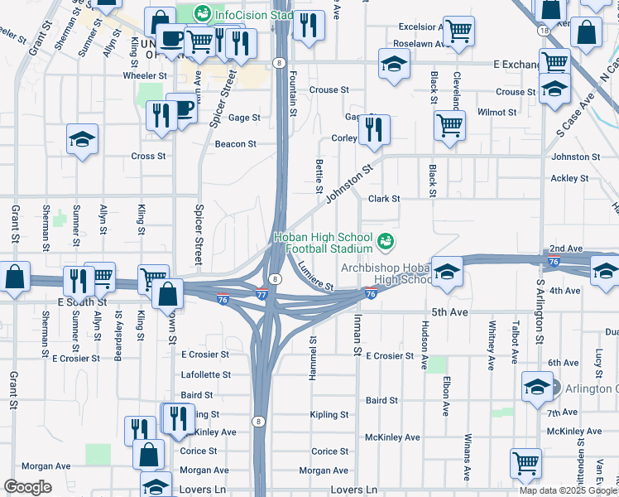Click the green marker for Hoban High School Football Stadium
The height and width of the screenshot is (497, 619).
click(385, 242)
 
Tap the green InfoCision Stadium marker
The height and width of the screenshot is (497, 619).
click(202, 14)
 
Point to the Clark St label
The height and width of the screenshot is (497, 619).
click(384, 199)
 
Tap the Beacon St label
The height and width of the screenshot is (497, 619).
click(235, 144)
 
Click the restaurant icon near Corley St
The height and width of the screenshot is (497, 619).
click(374, 130)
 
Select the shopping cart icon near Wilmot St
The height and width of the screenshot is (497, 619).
click(449, 126)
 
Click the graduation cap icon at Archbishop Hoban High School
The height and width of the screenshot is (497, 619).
click(447, 272)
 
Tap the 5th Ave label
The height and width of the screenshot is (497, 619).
click(450, 312)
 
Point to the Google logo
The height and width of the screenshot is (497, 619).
click(27, 487)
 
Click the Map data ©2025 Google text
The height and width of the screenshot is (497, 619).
click(568, 490)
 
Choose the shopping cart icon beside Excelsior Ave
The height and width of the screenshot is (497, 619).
click(458, 31)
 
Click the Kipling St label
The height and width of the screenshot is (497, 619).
click(329, 415)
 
